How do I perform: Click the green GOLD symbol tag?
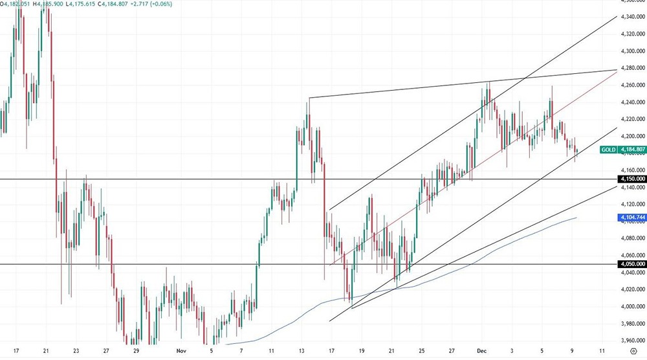(x=608, y=150)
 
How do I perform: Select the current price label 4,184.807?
(x=631, y=150)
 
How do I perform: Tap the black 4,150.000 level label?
(x=631, y=179)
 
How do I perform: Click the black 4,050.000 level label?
(x=631, y=264)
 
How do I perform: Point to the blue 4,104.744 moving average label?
(x=631, y=218)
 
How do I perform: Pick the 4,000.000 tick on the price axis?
(x=631, y=306)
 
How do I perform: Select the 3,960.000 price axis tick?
(x=631, y=341)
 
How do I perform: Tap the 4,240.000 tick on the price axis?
(x=631, y=102)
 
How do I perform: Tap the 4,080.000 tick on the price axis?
(x=631, y=238)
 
